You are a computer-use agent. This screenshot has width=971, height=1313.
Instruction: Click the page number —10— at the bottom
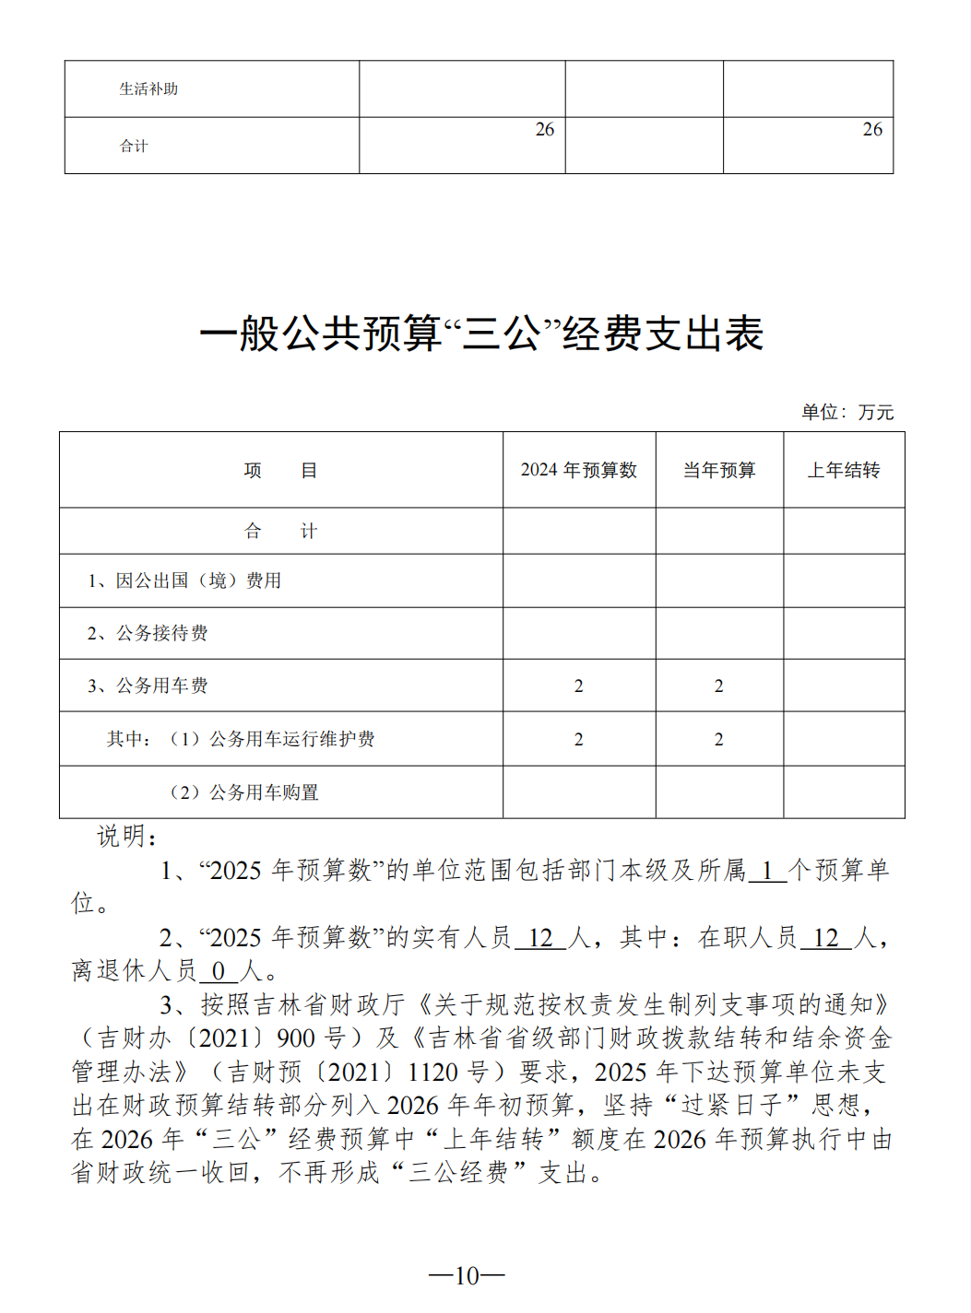point(467,1275)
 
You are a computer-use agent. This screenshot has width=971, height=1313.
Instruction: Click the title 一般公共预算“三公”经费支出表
point(481,334)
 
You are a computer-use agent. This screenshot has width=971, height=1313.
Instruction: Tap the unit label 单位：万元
point(847,412)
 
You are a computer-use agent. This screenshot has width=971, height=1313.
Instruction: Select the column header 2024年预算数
point(578,470)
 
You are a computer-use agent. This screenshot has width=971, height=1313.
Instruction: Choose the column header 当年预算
point(718,470)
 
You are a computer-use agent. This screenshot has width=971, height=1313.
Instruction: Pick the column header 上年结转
point(843,470)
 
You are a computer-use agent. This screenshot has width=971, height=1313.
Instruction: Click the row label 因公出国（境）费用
point(184,580)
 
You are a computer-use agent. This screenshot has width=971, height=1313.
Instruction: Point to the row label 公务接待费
point(148,633)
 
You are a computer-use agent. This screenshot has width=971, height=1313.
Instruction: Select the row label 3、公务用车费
point(148,686)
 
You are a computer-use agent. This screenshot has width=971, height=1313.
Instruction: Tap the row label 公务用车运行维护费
point(290,739)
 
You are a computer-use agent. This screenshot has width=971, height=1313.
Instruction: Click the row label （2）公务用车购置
point(243,792)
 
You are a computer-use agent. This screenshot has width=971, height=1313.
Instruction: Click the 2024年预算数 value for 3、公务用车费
point(578,686)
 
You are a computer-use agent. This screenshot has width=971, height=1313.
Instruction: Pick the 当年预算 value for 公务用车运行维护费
point(718,739)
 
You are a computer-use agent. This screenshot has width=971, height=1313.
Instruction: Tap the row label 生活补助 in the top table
point(148,89)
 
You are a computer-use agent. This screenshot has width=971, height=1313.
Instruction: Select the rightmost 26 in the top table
point(871,130)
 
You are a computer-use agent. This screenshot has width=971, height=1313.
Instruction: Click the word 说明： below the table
point(127,837)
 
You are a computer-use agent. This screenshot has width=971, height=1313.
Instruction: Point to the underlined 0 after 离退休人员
point(219,971)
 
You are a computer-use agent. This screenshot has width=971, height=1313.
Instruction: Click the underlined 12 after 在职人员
point(825,938)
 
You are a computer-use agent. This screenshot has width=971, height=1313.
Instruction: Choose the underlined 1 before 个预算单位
point(766,871)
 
